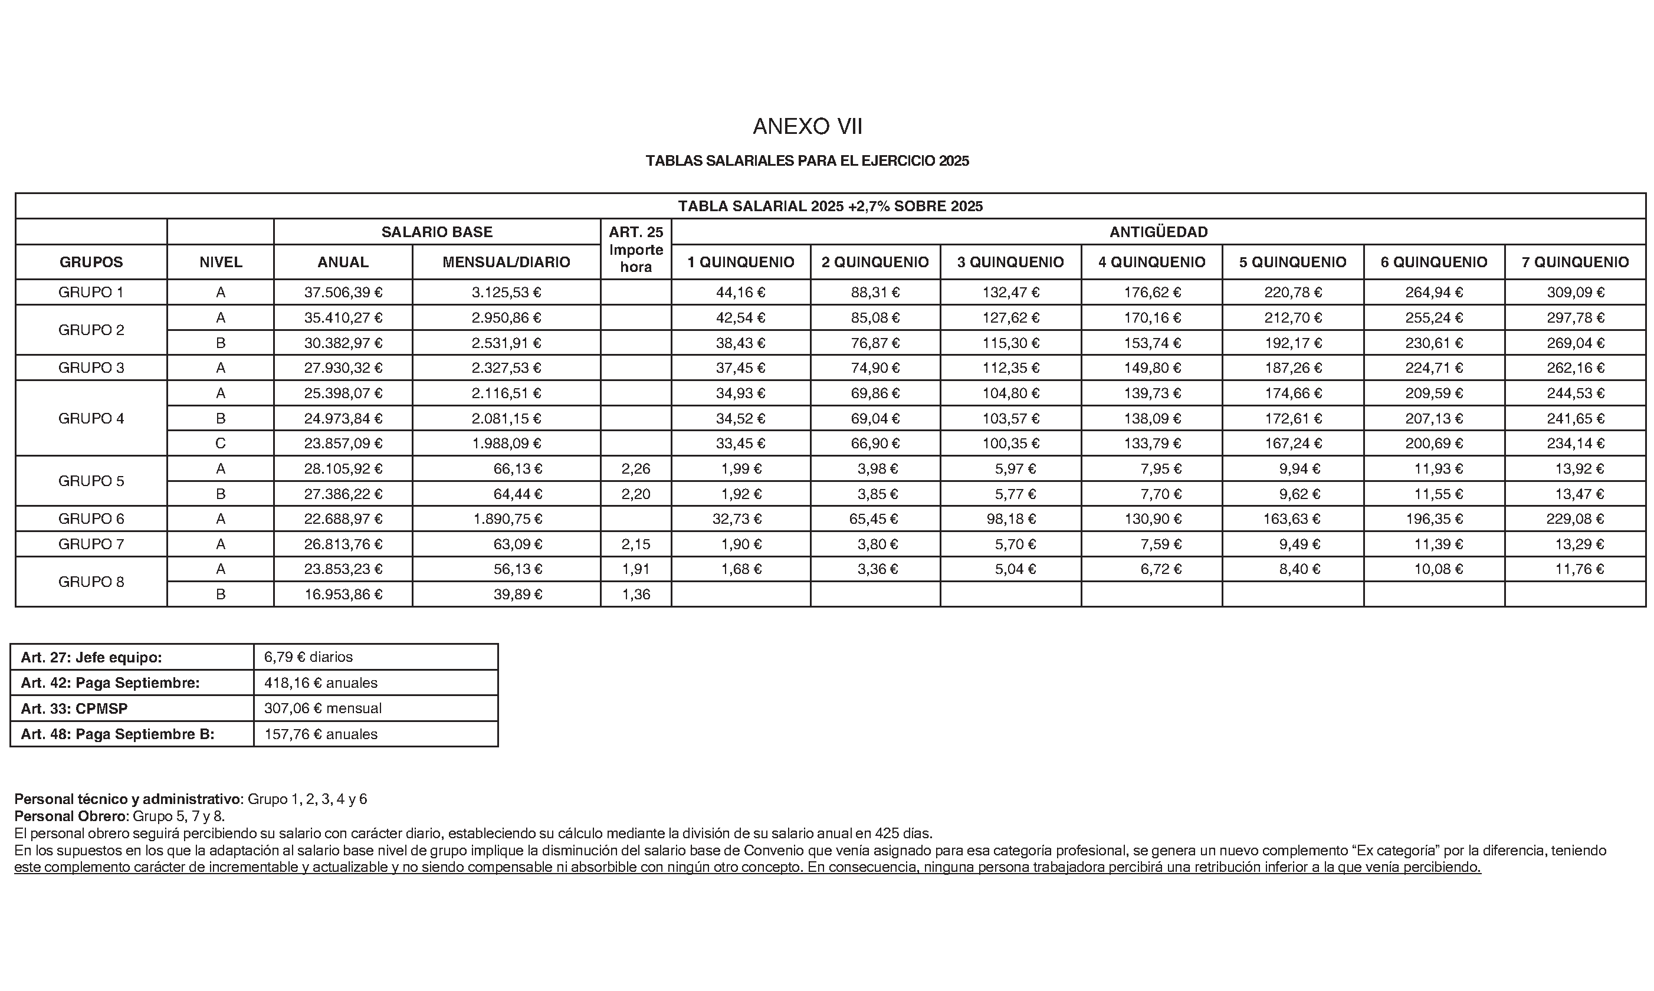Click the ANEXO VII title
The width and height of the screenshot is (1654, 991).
(x=808, y=126)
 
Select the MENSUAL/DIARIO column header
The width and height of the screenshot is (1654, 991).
(x=506, y=262)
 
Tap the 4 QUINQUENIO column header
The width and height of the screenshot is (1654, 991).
(x=1151, y=262)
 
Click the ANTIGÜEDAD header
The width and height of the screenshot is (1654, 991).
(x=1158, y=232)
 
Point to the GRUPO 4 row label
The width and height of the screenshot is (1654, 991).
(x=91, y=418)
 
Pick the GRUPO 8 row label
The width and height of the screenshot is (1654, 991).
(x=91, y=582)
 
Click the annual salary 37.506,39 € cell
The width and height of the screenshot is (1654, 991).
(x=343, y=293)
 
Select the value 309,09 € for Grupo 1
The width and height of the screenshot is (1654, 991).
(x=1575, y=293)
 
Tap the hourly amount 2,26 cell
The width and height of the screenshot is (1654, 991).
(x=635, y=469)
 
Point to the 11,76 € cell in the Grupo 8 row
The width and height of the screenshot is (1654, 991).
(x=1575, y=569)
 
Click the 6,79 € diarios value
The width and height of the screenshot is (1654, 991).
(x=309, y=657)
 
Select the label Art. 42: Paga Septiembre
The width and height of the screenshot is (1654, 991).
(x=110, y=682)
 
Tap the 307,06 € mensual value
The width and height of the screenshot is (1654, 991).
(x=323, y=708)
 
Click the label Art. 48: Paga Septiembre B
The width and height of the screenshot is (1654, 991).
(x=117, y=734)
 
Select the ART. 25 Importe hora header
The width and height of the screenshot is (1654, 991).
(x=635, y=250)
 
